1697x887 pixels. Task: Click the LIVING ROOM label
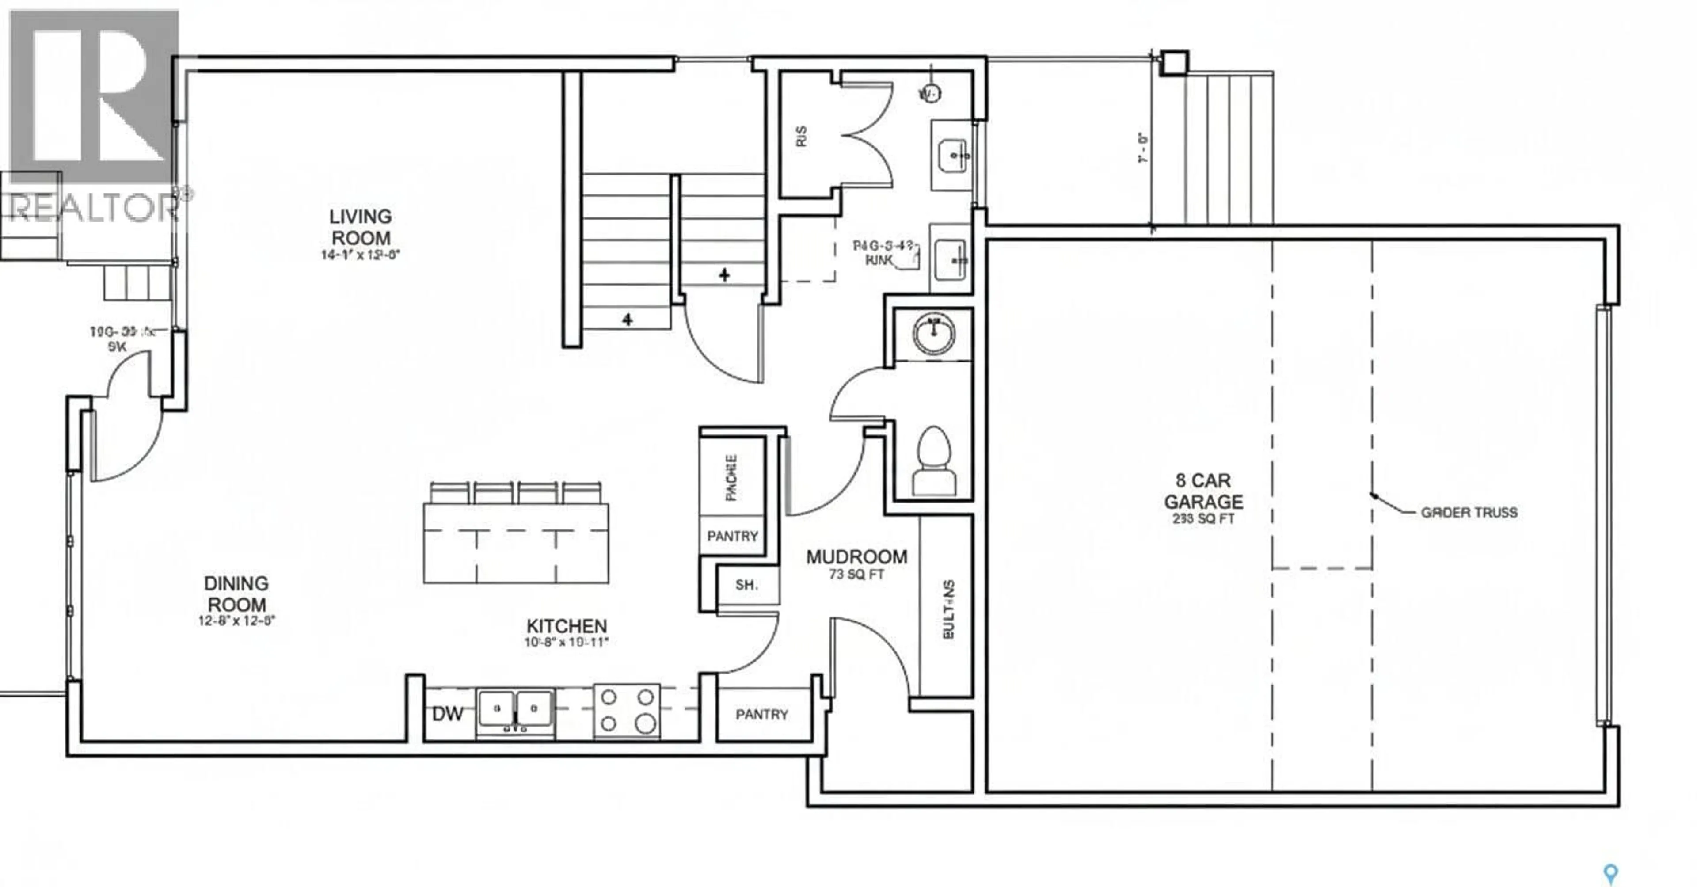tap(360, 227)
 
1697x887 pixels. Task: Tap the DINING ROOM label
tap(236, 593)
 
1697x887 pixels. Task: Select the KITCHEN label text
tap(567, 626)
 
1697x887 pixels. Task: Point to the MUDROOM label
tap(856, 557)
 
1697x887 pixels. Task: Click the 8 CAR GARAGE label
tap(1203, 491)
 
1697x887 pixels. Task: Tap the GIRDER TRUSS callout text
tap(1469, 512)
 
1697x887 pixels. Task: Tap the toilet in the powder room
tap(933, 461)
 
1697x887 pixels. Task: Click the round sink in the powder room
tap(933, 334)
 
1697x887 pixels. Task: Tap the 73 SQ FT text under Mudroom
tap(856, 575)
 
